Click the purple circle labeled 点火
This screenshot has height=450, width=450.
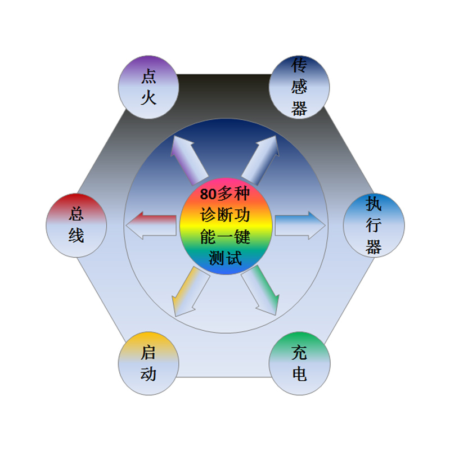pos(148,87)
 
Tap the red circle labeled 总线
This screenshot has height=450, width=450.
pos(76,226)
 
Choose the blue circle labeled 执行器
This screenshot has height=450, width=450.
pos(373,226)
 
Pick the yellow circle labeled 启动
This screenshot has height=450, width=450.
pos(148,363)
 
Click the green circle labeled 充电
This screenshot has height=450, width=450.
pos(299,363)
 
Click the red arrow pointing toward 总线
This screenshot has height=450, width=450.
pos(151,226)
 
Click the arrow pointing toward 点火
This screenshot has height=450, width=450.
pos(187,159)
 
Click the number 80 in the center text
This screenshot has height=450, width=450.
pos(208,195)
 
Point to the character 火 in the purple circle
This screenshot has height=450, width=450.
pos(148,98)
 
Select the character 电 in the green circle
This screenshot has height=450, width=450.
pos(299,373)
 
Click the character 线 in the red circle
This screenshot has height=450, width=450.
pos(76,235)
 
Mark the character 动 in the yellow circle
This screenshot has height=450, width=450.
pos(148,373)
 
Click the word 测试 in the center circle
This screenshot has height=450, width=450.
pos(226,258)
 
